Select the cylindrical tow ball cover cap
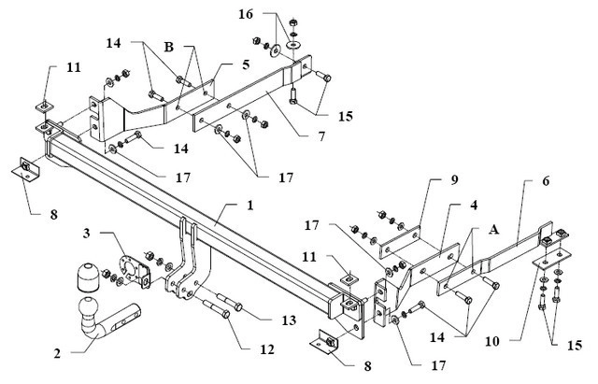88,276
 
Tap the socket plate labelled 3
133,272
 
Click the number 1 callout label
250,206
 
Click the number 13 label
289,320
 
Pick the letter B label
168,48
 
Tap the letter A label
493,230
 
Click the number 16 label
246,14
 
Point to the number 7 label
321,135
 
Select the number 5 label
246,64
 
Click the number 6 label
546,181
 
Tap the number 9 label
454,180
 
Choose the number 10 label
492,341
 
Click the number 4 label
474,206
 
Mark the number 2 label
57,353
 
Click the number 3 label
87,233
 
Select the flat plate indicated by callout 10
552,260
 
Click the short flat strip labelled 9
400,242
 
